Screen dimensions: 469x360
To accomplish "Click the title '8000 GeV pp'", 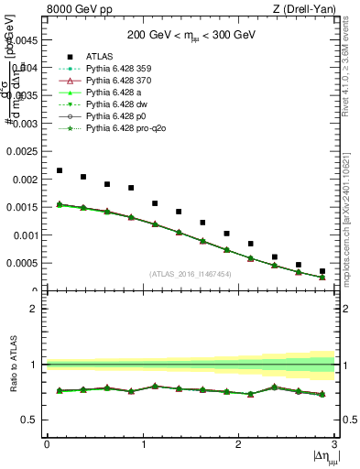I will pos(75,10).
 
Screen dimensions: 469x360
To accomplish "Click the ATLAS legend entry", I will pos(98,57).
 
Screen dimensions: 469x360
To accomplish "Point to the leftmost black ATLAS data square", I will pos(60,170).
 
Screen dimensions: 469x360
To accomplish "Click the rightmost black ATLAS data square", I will pos(322,271).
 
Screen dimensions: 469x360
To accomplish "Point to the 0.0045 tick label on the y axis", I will pos(24,39).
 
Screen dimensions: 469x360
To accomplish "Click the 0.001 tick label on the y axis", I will pos(26,235).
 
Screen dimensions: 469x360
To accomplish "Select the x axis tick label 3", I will pos(334,443).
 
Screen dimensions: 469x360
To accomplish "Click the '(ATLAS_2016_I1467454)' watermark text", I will pos(191,274).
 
